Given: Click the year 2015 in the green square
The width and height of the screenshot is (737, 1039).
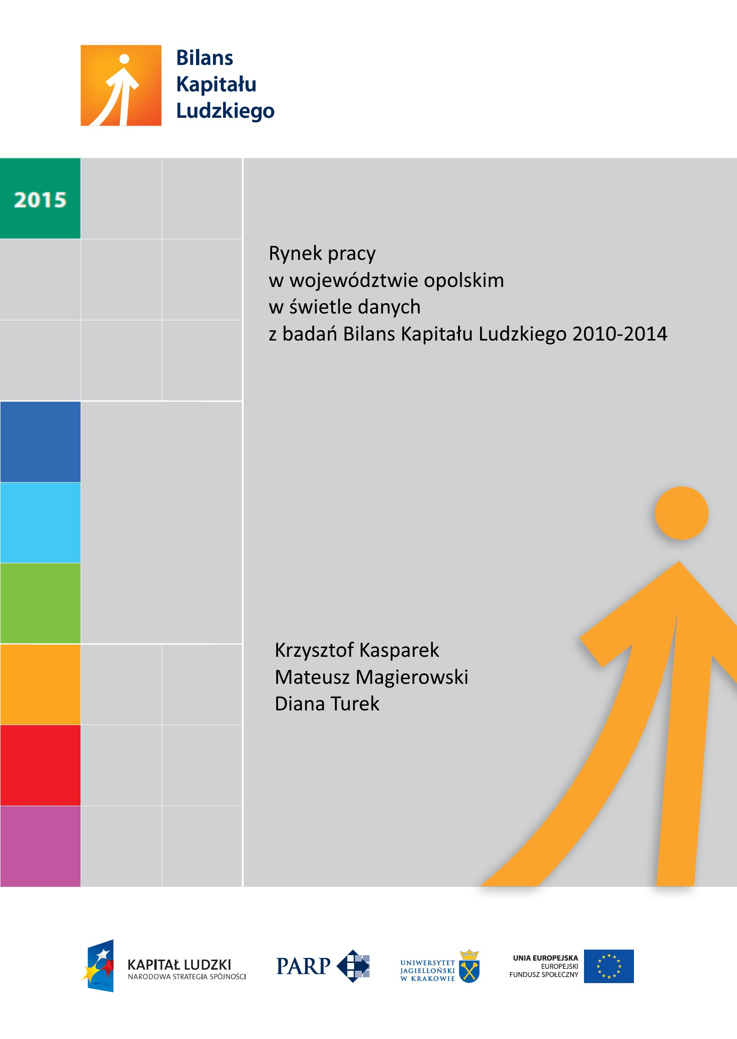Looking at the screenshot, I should click(40, 200).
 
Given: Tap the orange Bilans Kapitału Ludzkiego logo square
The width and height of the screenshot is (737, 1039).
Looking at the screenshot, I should click(121, 85).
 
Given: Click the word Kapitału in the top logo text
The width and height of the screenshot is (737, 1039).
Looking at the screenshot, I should click(216, 84).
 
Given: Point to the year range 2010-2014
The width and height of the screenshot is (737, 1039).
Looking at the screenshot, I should click(620, 334).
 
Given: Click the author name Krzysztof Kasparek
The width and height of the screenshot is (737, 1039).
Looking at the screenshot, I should click(357, 650).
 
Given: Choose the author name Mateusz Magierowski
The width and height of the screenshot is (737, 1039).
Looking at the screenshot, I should click(371, 677).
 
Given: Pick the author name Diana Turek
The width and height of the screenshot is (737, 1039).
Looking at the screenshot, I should click(327, 704).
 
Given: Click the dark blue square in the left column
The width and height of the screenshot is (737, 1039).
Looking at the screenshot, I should click(40, 442).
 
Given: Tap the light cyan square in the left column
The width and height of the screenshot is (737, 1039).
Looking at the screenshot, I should click(40, 522).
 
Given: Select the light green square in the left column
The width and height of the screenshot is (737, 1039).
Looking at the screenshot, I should click(40, 603).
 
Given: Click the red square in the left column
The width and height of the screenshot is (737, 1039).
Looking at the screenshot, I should click(40, 765).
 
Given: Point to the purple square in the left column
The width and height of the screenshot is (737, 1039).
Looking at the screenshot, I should click(40, 846).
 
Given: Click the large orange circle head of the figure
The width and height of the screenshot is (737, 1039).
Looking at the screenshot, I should click(681, 513).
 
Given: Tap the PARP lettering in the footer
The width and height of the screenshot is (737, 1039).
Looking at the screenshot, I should click(303, 967).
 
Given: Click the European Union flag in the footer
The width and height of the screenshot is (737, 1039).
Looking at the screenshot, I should click(609, 966).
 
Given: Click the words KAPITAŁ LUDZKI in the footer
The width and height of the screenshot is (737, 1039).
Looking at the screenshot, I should click(180, 964).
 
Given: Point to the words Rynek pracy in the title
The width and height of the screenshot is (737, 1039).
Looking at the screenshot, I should click(322, 253).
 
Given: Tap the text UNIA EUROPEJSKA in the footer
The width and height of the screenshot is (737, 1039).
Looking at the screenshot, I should click(545, 958).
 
